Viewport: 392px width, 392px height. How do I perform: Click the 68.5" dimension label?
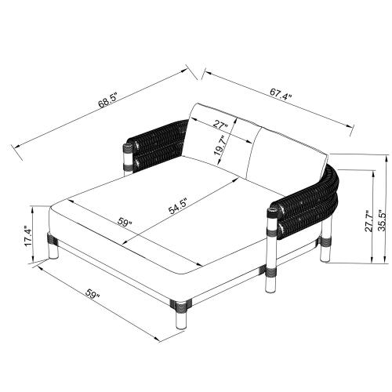(x=108, y=100)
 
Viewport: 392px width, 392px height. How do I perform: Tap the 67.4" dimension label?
(x=281, y=94)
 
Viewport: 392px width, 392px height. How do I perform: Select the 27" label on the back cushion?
(x=220, y=123)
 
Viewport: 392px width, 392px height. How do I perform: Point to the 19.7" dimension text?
(x=220, y=145)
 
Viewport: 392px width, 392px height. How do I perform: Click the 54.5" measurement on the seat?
(x=178, y=206)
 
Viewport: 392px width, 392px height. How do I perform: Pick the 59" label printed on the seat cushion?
(x=125, y=222)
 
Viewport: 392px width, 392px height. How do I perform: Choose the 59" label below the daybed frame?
(x=93, y=294)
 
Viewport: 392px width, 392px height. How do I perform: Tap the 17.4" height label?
(x=28, y=236)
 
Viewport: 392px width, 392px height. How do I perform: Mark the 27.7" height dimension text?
(x=368, y=221)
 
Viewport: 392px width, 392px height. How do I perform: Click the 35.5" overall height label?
(x=382, y=220)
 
